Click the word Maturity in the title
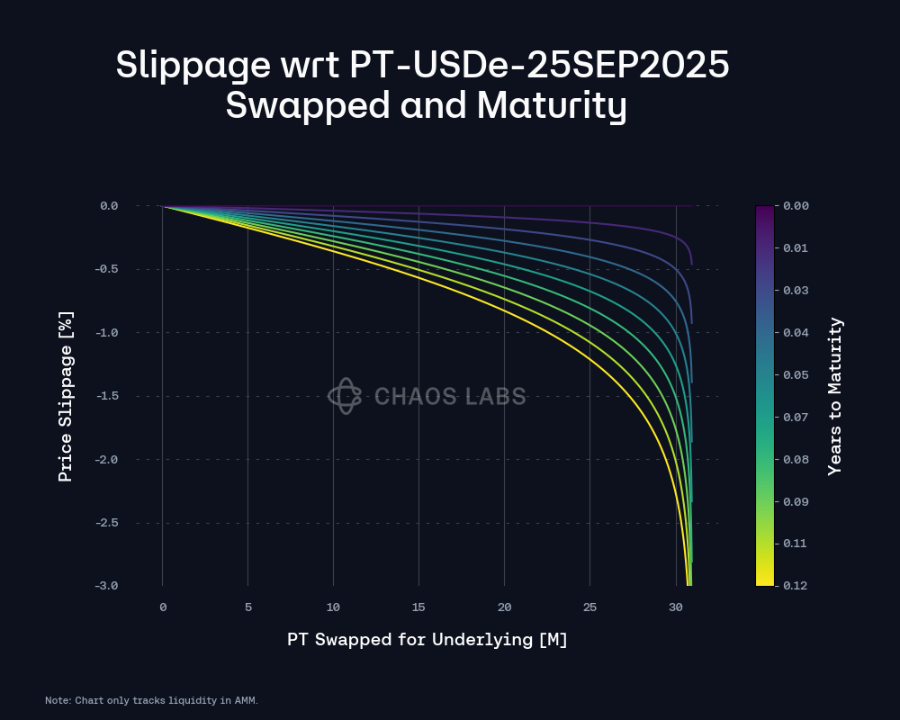point(551,106)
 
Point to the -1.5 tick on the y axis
point(108,396)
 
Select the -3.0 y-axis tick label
point(108,586)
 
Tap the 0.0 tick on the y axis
point(110,206)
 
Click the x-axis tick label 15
point(418,607)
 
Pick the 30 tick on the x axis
point(675,607)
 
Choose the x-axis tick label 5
point(247,607)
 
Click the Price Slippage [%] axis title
point(66,396)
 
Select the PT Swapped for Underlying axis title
point(427,640)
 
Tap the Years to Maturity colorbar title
point(836,396)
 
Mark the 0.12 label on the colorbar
point(796,586)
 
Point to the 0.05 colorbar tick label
point(796,375)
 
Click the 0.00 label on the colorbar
point(796,206)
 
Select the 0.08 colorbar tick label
point(796,459)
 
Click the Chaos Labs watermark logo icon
point(345,396)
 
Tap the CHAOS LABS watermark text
point(449,396)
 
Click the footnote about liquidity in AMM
point(151,700)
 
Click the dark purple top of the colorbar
point(764,211)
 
